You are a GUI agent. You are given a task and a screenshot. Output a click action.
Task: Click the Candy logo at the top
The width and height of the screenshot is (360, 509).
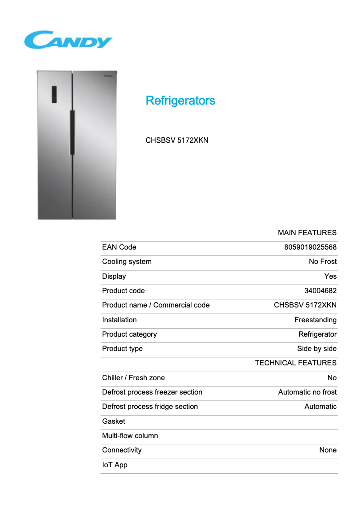tap(68, 39)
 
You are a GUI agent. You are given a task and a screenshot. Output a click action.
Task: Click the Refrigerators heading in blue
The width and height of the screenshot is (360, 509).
tap(180, 101)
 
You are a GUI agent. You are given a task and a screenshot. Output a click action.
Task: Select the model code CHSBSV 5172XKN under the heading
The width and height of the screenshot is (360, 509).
tap(177, 140)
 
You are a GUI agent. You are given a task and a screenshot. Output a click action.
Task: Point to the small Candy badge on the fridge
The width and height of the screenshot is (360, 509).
tap(108, 76)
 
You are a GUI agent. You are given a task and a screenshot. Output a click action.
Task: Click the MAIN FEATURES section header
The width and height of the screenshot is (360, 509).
tap(307, 233)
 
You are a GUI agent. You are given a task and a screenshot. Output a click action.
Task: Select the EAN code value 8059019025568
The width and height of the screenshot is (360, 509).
tap(310, 247)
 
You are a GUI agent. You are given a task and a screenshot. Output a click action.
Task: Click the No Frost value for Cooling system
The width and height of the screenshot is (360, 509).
tap(322, 262)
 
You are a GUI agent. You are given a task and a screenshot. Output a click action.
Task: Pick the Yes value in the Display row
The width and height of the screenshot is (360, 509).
tap(330, 276)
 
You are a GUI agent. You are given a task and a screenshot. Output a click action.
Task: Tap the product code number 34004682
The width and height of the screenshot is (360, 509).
tap(320, 291)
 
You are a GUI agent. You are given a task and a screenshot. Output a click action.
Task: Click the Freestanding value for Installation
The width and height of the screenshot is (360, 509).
tap(315, 320)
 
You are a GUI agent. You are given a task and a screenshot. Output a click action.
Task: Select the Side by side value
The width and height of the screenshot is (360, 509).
tap(316, 349)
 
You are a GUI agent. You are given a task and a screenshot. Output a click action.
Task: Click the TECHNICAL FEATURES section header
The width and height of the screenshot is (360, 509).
tap(295, 363)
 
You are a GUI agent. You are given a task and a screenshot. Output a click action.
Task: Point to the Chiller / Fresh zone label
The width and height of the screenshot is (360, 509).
tap(133, 378)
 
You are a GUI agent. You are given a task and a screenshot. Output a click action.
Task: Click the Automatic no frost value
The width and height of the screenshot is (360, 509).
tap(307, 392)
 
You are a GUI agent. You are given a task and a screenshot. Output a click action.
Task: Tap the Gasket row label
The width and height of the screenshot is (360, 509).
tap(114, 421)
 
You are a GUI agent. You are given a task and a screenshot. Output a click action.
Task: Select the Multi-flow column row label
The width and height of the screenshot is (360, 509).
tap(130, 436)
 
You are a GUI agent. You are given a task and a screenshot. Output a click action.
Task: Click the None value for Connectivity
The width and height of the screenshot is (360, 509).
tap(328, 450)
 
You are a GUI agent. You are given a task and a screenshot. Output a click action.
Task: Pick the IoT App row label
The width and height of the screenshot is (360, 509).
tap(114, 465)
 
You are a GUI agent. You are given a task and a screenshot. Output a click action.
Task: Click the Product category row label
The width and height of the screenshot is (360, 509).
tap(129, 334)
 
